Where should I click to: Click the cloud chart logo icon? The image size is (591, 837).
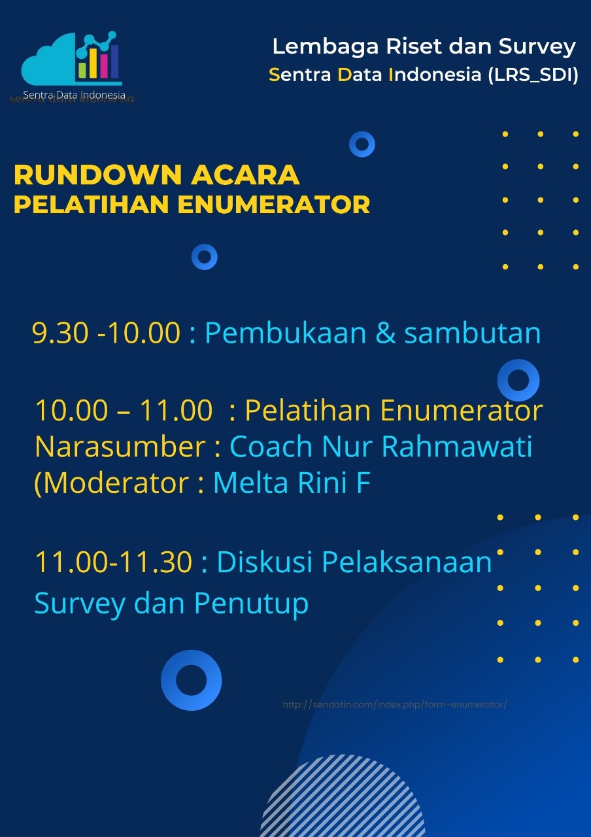[x=71, y=58]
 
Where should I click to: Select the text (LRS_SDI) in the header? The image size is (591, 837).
[x=533, y=75]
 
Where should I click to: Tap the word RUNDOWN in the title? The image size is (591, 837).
[x=98, y=175]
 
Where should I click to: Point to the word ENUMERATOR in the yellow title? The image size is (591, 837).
[x=274, y=205]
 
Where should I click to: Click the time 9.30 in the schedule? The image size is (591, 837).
[x=60, y=333]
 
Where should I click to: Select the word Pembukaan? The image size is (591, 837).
[x=286, y=333]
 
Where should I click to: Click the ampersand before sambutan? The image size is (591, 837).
[x=385, y=333]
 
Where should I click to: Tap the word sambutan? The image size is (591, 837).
[x=473, y=333]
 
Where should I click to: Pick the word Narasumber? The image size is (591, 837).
[x=120, y=447]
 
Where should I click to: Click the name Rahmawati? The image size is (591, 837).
[x=456, y=447]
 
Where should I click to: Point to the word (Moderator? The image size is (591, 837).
[x=111, y=483]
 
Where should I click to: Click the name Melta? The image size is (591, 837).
[x=250, y=483]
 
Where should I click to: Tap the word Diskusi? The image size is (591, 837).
[x=265, y=562]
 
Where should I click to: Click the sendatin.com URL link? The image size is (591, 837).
[x=394, y=705]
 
